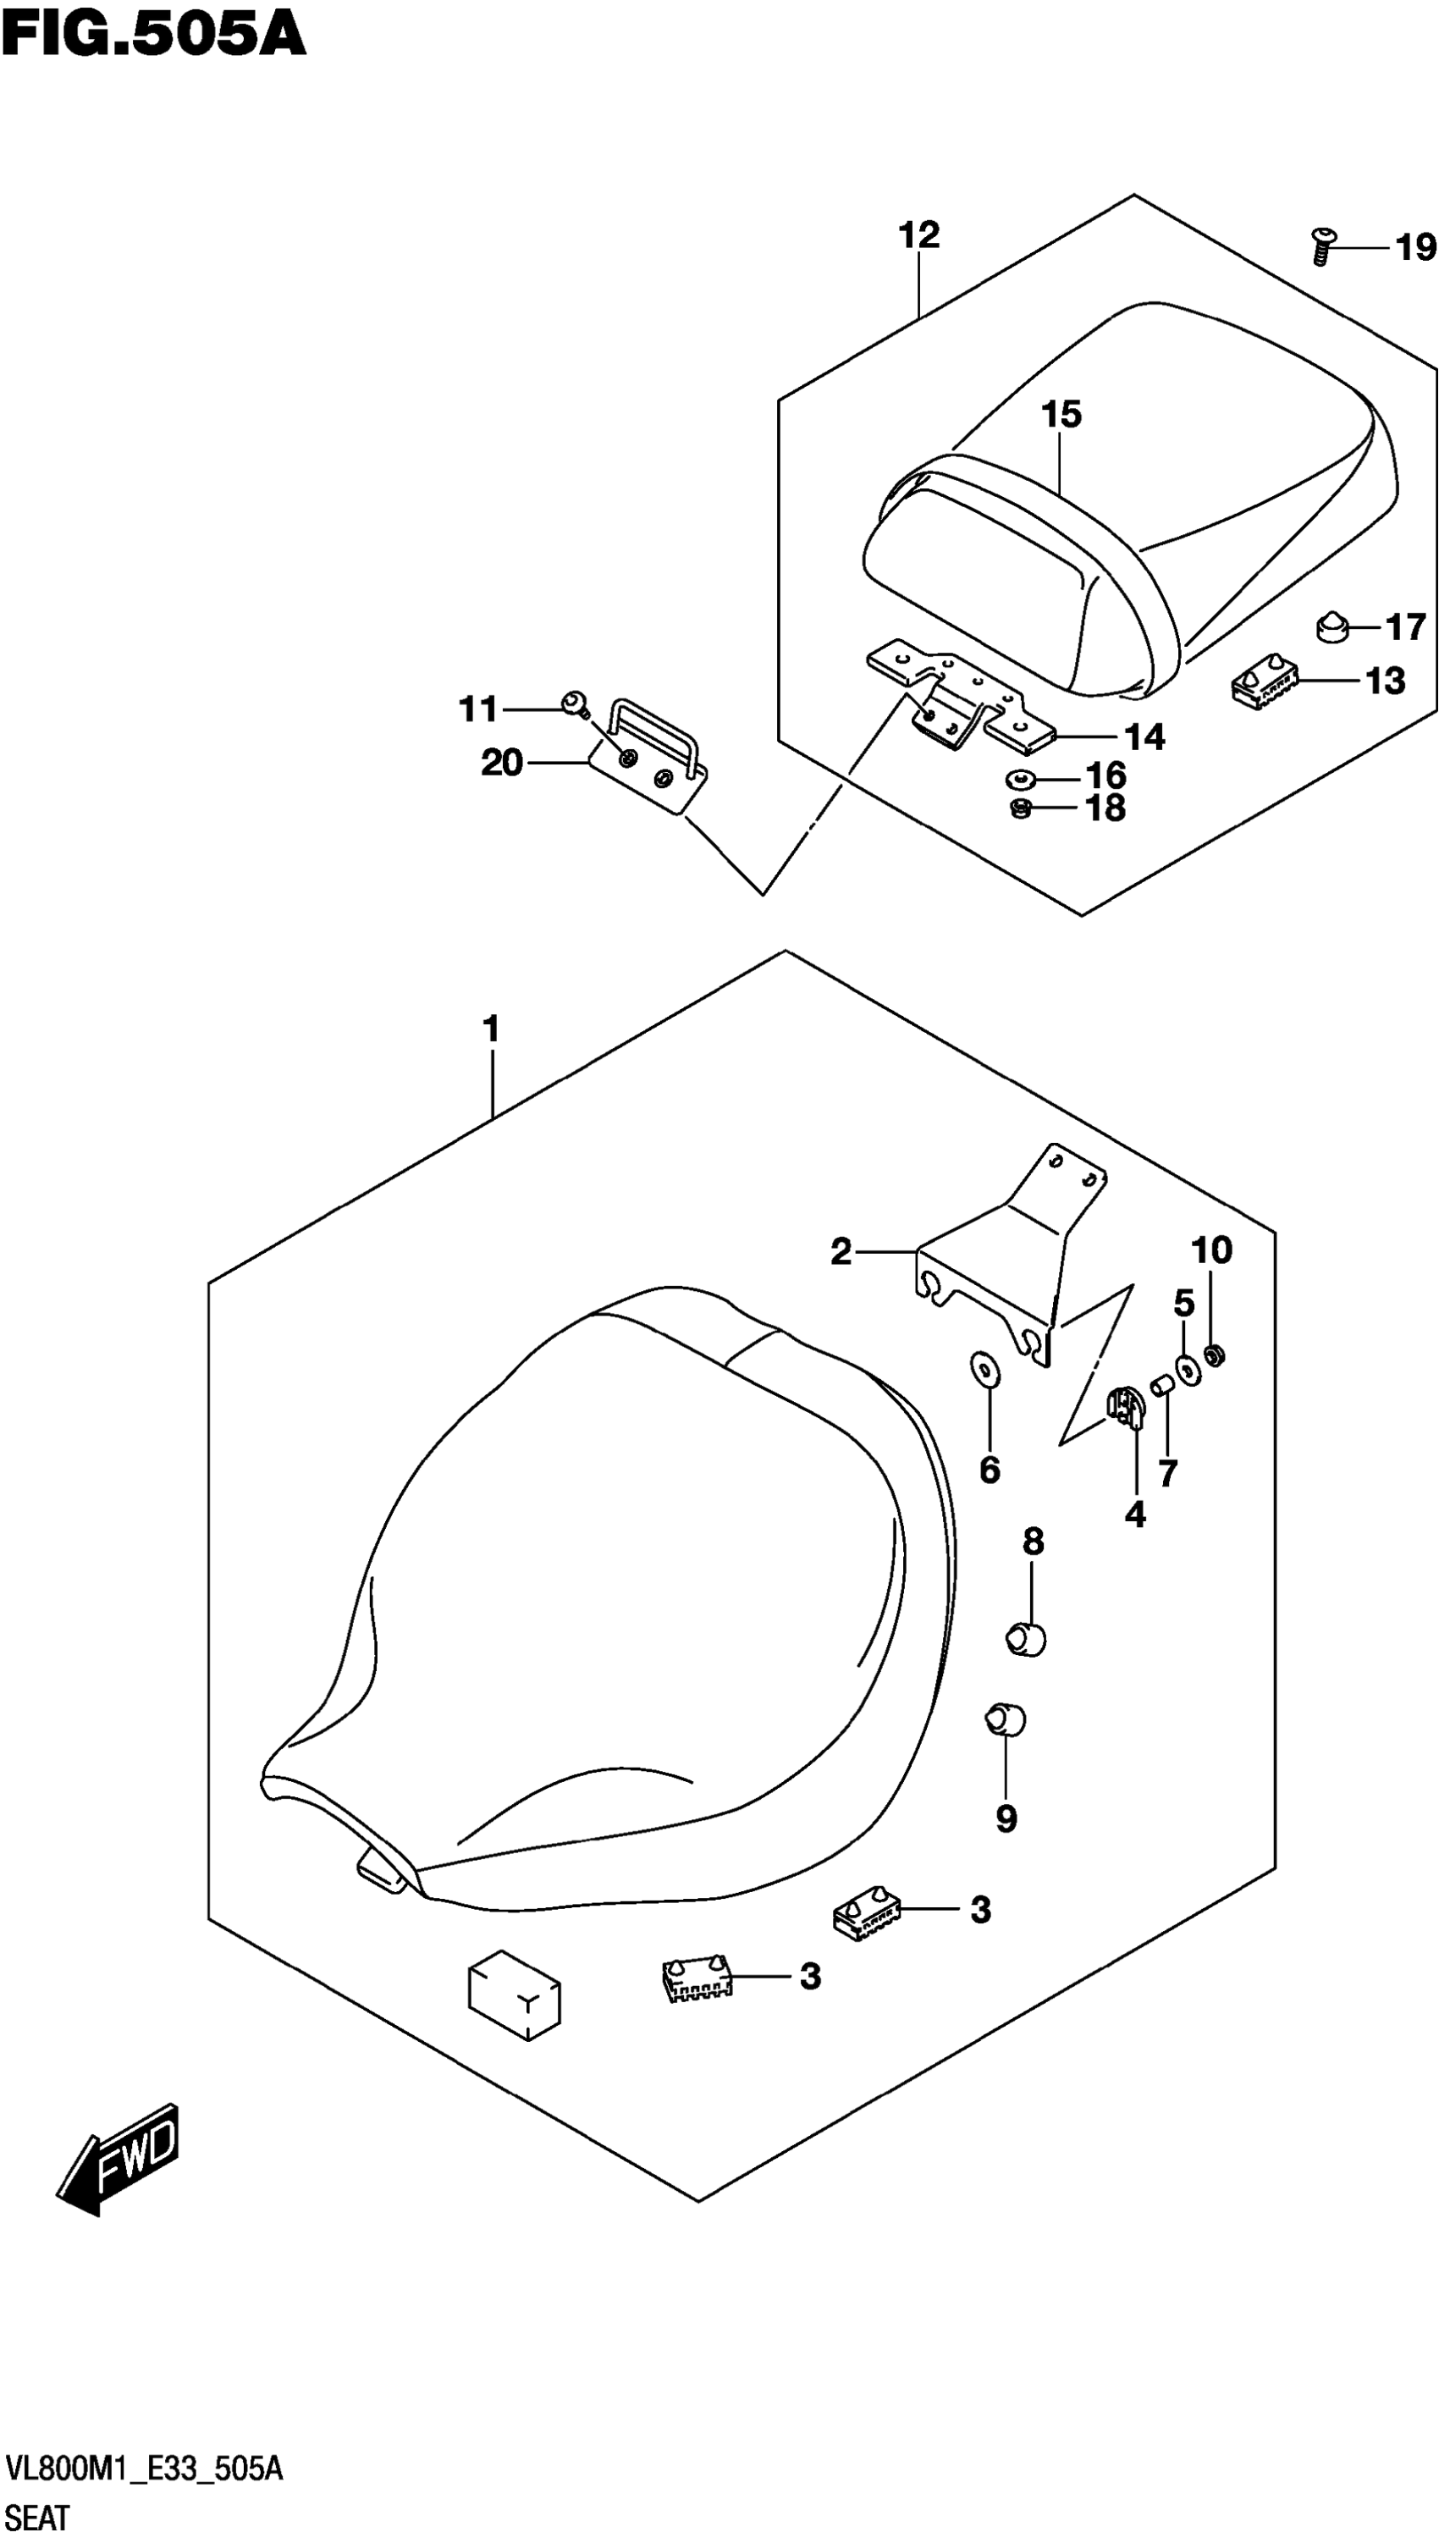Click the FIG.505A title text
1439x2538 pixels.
click(153, 36)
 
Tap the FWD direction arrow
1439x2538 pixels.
click(119, 2159)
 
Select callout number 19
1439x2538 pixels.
click(1415, 247)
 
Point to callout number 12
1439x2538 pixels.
click(918, 235)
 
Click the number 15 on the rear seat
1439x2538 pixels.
click(1061, 414)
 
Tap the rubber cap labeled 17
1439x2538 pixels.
click(1334, 626)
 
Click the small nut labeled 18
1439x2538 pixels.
click(1021, 808)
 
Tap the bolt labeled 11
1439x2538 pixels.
click(573, 703)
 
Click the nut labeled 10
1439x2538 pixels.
click(1216, 1355)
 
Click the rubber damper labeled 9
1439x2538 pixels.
click(1005, 1719)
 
